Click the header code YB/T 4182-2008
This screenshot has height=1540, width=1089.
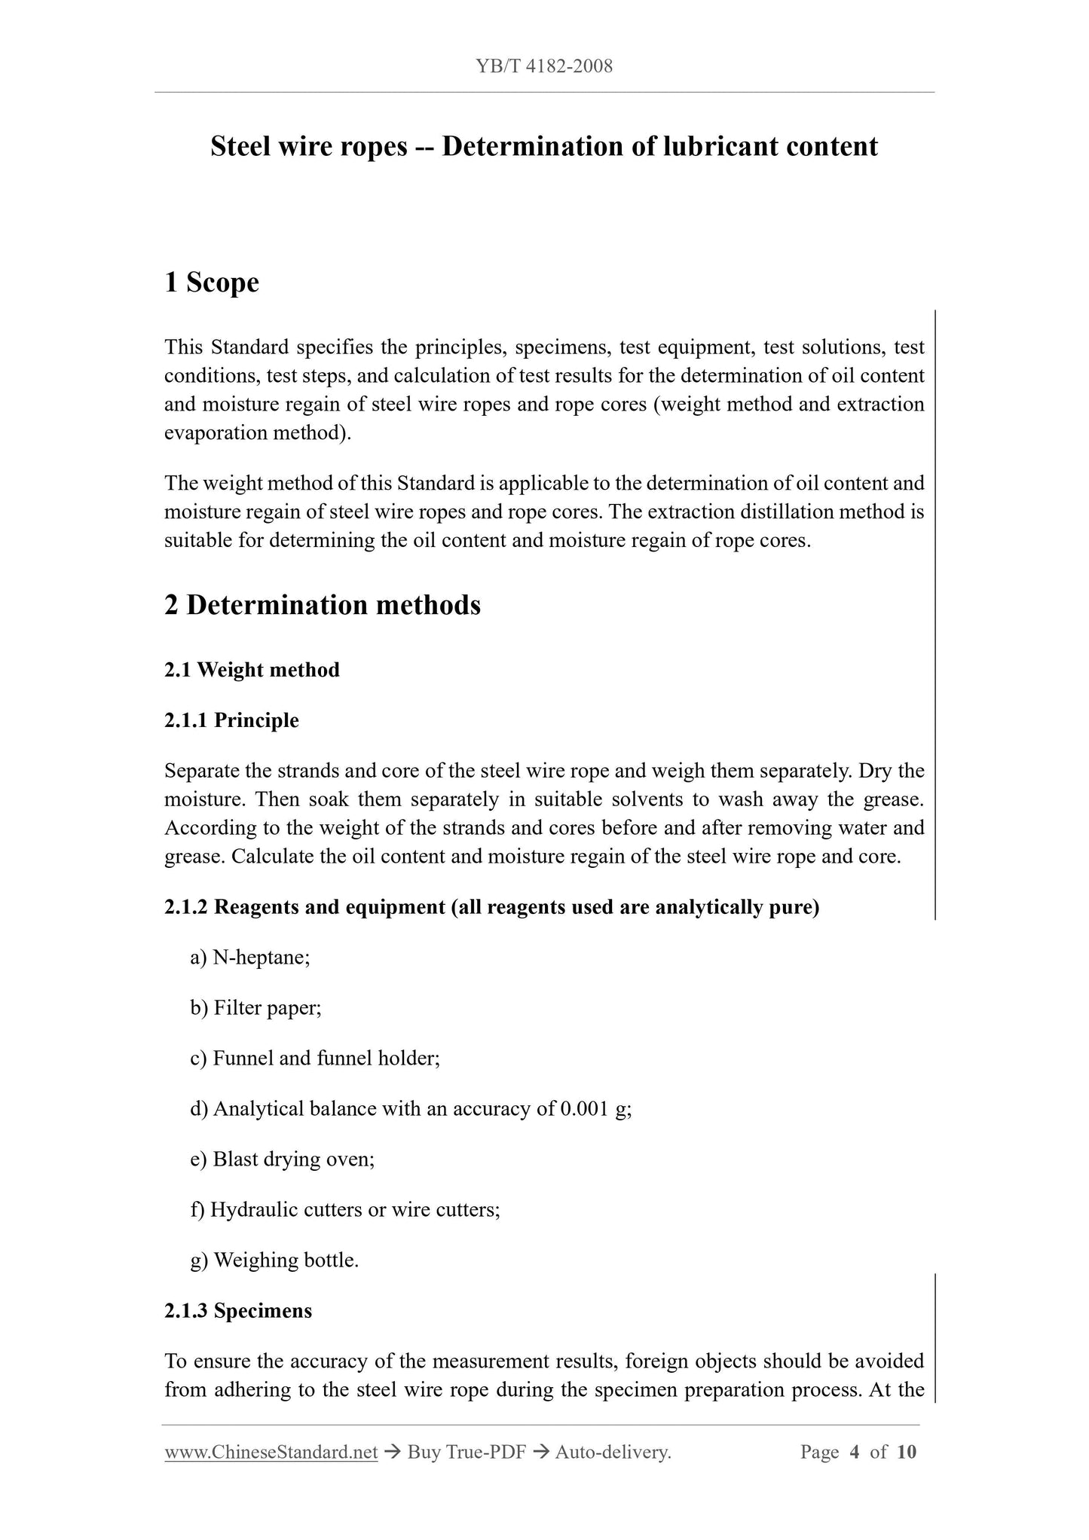(x=544, y=66)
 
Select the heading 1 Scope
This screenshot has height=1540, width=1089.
(x=212, y=283)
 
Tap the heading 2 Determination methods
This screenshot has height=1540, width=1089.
(x=323, y=605)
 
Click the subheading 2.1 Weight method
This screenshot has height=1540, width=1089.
(x=252, y=670)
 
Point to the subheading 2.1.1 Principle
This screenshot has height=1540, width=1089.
(x=231, y=720)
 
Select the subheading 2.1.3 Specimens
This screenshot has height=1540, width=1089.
(x=238, y=1310)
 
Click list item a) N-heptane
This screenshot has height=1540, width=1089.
(x=250, y=958)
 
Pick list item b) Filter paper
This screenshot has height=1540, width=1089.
(x=255, y=1008)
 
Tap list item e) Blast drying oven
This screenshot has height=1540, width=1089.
(x=283, y=1159)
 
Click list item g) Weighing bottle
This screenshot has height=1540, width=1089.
(x=274, y=1260)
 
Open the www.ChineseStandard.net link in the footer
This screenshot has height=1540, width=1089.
(x=271, y=1452)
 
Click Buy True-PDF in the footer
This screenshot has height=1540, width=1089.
(x=466, y=1452)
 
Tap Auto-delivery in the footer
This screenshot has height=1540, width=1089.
(x=612, y=1452)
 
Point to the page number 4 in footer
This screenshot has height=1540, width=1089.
(x=854, y=1452)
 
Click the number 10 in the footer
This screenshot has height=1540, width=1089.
(x=907, y=1452)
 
